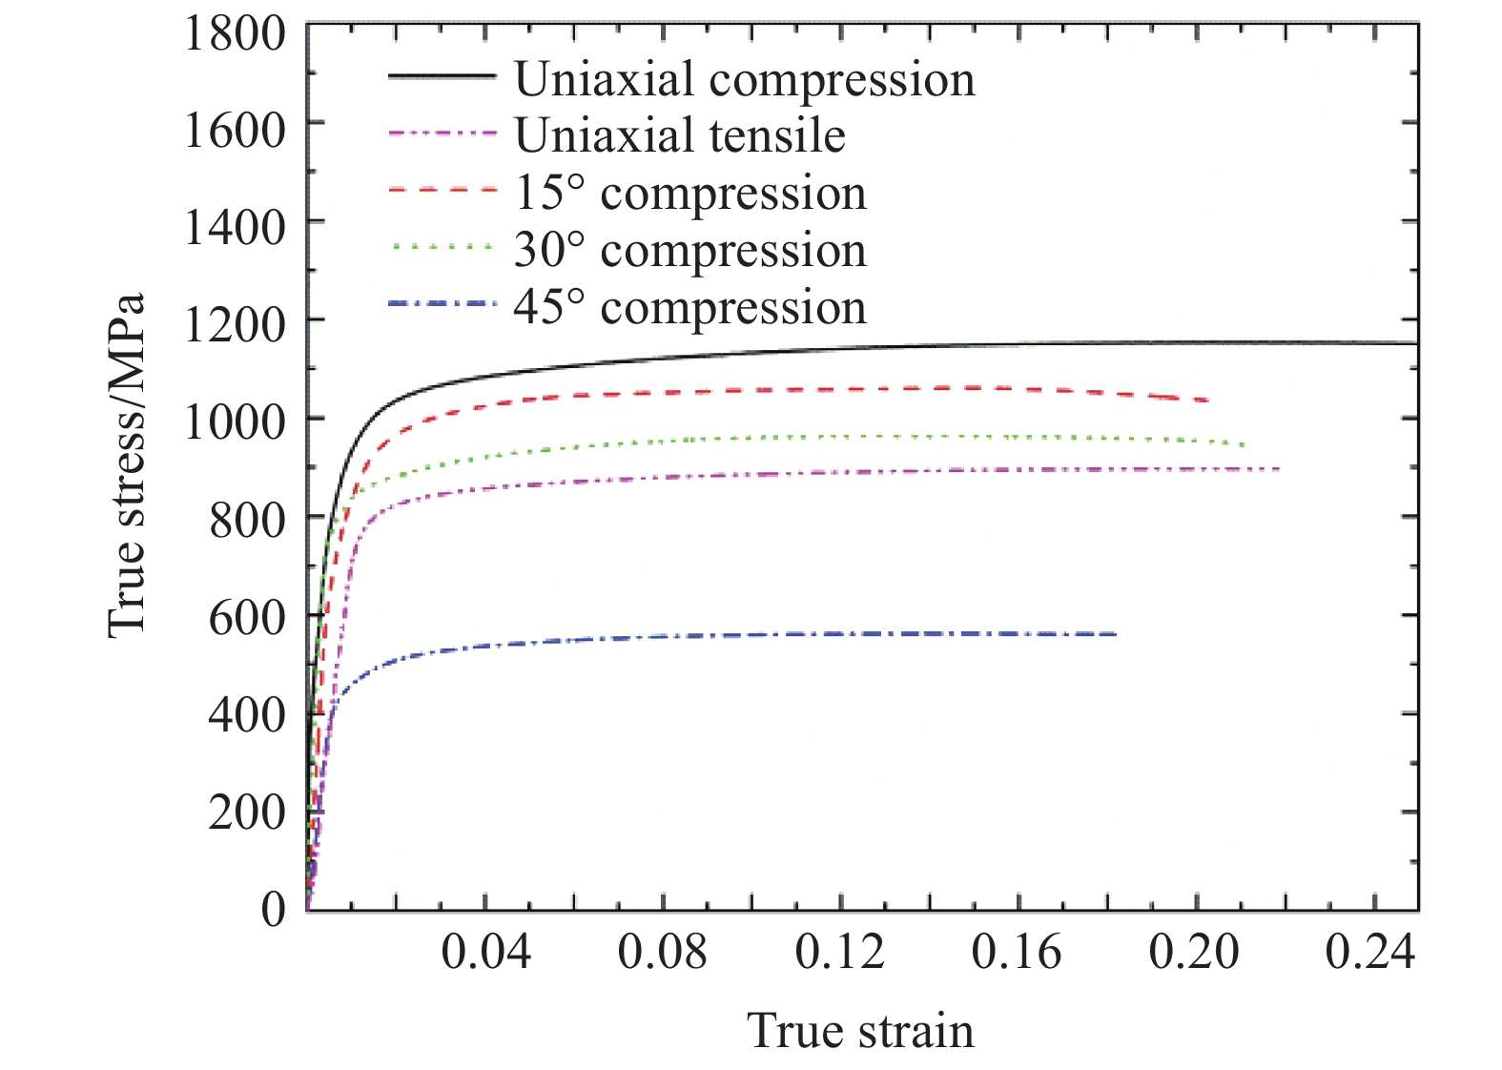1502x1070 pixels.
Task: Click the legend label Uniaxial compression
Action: pos(744,79)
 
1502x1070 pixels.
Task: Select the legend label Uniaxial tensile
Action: pos(679,136)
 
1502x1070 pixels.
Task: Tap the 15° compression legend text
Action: pos(689,194)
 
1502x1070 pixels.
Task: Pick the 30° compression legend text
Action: pos(689,251)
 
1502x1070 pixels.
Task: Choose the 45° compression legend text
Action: pos(689,308)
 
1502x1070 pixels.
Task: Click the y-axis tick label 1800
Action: pos(234,34)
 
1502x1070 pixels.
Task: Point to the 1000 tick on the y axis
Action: pos(234,421)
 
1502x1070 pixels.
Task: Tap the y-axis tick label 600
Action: pos(246,617)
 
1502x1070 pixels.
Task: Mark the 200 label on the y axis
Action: pos(246,813)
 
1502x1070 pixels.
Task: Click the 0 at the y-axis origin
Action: pos(273,909)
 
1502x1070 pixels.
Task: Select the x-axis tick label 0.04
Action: pos(485,953)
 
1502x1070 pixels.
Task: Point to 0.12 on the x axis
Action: pos(839,953)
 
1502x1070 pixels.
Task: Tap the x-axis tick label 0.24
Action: pos(1370,953)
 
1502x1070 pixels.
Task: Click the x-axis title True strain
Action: pos(860,1032)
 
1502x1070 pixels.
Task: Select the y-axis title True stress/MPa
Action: pos(127,465)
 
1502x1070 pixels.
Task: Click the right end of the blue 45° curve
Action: pos(1115,634)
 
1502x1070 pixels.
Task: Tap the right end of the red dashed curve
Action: pos(1208,401)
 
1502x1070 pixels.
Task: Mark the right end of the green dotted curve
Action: pos(1243,445)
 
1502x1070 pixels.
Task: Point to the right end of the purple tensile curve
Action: pos(1278,468)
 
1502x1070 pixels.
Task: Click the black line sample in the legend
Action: pos(442,76)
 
